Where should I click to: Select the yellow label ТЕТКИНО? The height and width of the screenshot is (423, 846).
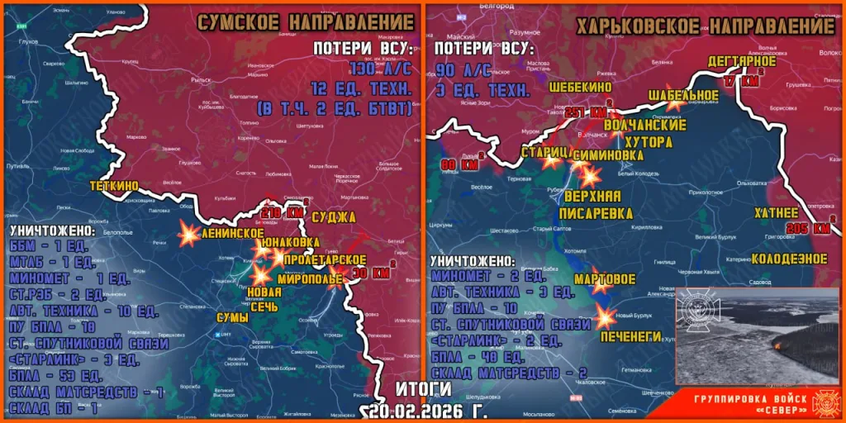coord(114,187)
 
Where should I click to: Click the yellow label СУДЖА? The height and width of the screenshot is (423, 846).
coord(335,217)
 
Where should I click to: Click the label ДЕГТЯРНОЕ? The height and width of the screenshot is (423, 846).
coord(741,61)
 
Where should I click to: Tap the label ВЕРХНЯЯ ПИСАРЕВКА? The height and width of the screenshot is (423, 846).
coord(592,205)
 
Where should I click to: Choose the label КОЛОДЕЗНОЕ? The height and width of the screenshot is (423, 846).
coord(789,259)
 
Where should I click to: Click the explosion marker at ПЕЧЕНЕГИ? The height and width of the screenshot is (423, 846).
coord(606,316)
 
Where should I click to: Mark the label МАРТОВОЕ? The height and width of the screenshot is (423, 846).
coord(606,279)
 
